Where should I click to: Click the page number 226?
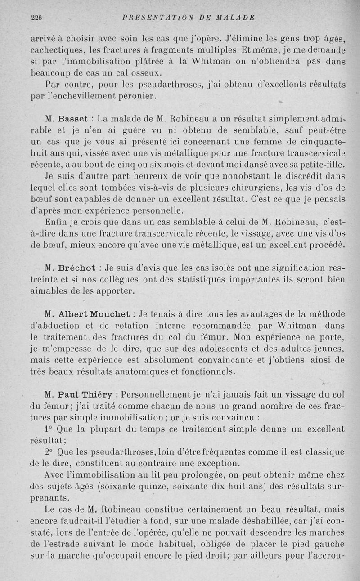[36, 18]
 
